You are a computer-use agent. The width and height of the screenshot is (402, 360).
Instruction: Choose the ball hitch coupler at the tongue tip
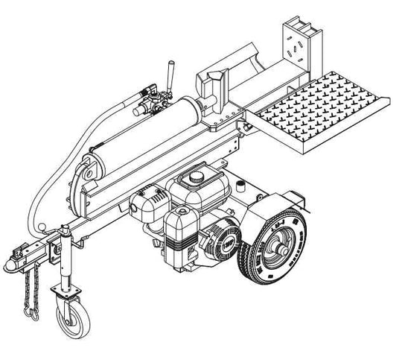(12, 262)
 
